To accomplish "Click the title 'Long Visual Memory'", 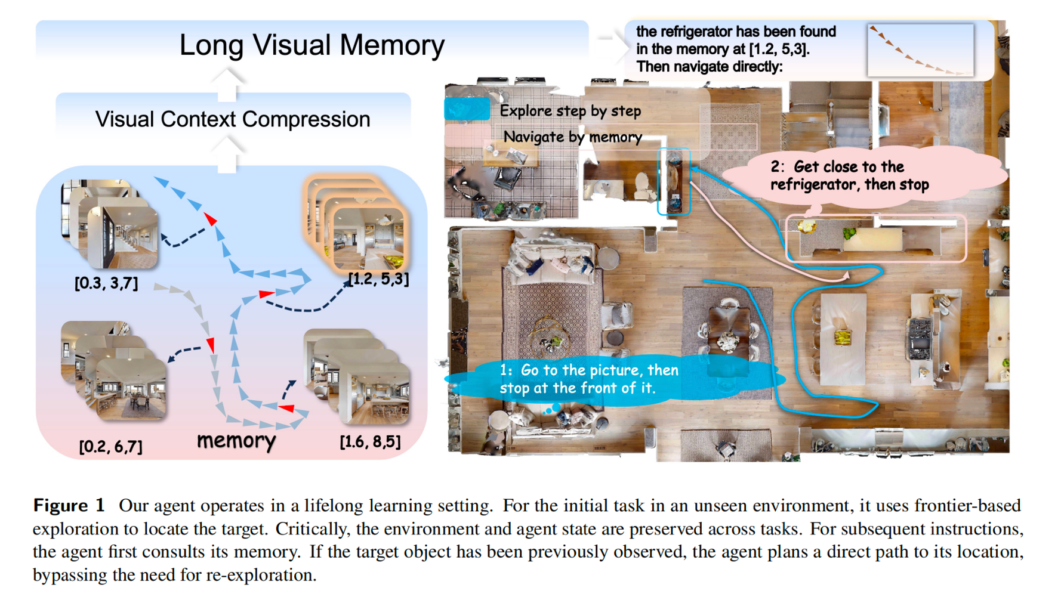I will point(311,45).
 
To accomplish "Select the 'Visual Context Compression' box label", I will point(233,119).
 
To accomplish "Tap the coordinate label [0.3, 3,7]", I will point(106,283).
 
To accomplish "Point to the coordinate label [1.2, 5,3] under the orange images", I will point(378,279).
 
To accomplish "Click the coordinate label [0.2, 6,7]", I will point(111,446).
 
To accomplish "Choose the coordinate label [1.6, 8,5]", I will point(370,441).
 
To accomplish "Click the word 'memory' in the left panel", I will point(236,440).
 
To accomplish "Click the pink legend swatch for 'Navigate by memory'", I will point(467,137).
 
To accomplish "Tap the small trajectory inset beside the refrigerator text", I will point(920,50).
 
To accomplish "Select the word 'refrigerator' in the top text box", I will point(695,32).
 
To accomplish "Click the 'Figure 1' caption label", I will point(69,505).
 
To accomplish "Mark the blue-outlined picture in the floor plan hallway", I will point(674,181).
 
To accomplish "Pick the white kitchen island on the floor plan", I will point(842,338).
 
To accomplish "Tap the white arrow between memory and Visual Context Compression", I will point(226,154).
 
